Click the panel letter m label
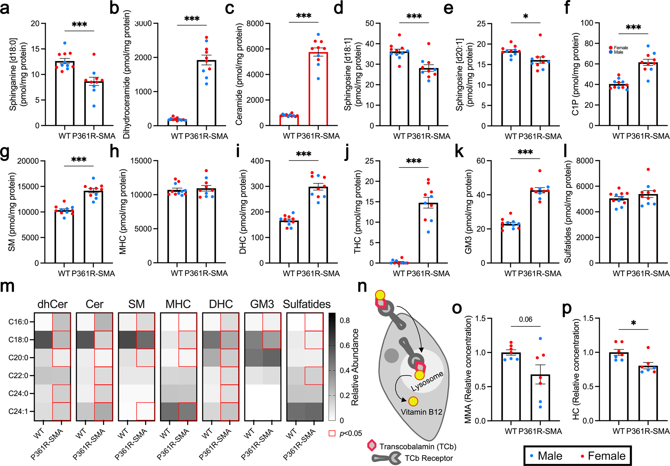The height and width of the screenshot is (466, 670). (7, 287)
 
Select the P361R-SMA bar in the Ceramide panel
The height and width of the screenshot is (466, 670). (318, 89)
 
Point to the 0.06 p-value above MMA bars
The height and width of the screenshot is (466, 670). (525, 319)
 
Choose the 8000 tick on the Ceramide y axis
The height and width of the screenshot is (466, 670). (255, 24)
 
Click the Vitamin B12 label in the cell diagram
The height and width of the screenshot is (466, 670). (421, 412)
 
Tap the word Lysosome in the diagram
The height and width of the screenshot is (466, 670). (427, 381)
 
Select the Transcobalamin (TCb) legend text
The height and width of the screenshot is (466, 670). (418, 447)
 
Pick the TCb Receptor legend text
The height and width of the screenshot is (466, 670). (429, 458)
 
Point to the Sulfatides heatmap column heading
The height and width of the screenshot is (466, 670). (306, 304)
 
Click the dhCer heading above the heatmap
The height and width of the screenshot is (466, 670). (52, 304)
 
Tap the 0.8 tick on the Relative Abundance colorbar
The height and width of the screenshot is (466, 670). (345, 320)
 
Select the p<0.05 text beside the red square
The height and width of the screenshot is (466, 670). (351, 433)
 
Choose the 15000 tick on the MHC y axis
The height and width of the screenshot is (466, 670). (141, 161)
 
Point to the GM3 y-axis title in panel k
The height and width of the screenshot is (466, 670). (469, 212)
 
